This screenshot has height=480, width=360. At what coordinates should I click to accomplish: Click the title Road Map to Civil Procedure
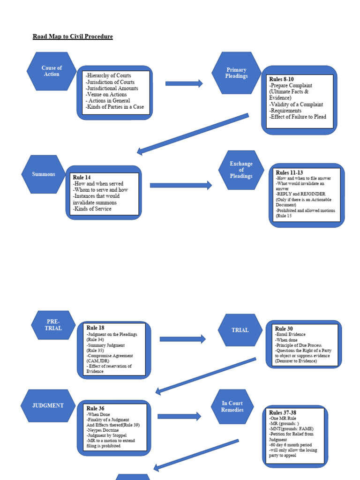(x=73, y=37)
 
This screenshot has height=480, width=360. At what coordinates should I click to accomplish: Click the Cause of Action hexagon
(x=52, y=71)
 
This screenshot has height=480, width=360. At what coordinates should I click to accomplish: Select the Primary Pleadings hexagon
(x=236, y=73)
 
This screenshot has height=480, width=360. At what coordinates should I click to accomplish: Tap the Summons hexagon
(x=44, y=174)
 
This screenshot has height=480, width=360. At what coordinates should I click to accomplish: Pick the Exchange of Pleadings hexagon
(x=241, y=170)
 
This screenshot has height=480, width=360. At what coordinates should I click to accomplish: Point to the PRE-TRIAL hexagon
(x=53, y=325)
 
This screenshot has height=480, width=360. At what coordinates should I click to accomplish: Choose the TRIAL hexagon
(x=240, y=330)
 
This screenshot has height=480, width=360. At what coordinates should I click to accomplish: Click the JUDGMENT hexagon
(x=48, y=405)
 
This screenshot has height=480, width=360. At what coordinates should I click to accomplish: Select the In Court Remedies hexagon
(x=232, y=406)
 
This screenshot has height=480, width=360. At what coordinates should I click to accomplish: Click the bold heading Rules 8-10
(x=281, y=79)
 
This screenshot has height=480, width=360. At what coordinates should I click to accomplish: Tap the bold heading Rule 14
(x=82, y=178)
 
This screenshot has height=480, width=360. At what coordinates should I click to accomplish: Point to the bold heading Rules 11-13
(x=289, y=173)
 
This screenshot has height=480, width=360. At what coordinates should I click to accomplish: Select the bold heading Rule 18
(x=95, y=328)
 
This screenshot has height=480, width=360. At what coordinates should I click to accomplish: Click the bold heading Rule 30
(x=284, y=329)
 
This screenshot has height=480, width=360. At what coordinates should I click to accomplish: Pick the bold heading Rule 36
(x=95, y=409)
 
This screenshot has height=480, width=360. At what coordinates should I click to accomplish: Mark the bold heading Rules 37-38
(x=282, y=412)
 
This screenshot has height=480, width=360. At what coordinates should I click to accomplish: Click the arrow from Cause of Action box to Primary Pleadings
(x=184, y=84)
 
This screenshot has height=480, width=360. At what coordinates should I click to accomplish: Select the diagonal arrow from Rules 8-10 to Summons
(x=192, y=134)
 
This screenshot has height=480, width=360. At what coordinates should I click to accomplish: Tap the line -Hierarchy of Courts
(x=108, y=75)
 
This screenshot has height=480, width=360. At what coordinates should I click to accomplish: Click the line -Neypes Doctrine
(x=103, y=430)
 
